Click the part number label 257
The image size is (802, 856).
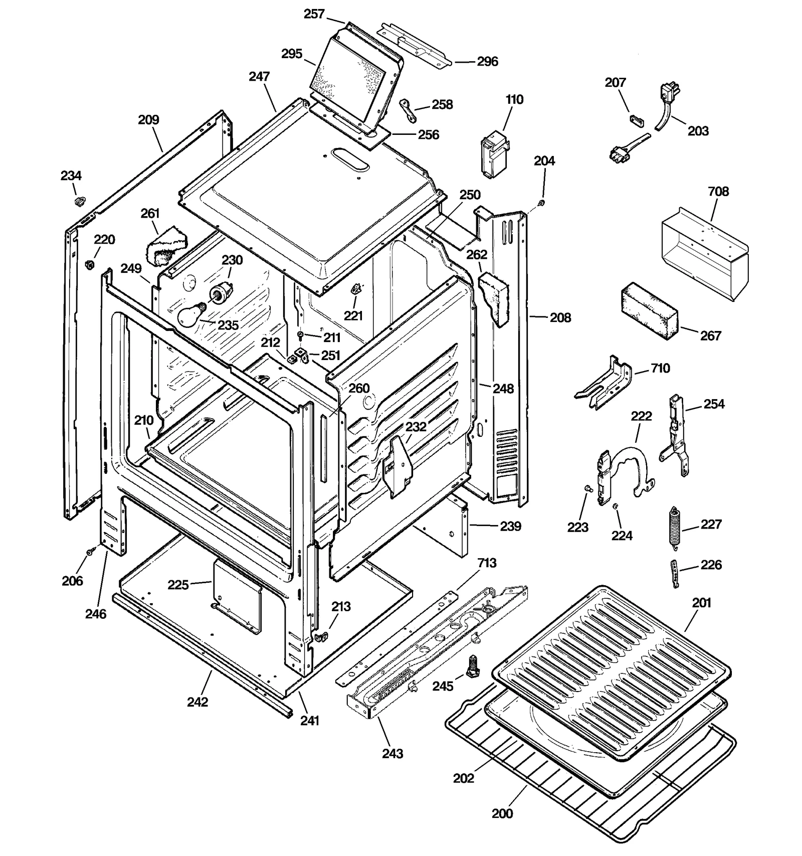point(314,14)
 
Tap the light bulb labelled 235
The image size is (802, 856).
point(190,314)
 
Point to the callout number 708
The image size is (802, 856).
point(718,192)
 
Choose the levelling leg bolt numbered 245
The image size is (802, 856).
point(471,666)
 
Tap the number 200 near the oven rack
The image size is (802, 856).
point(502,813)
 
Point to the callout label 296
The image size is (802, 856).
point(487,61)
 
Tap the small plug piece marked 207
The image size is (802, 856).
point(636,119)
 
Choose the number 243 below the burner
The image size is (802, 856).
point(392,753)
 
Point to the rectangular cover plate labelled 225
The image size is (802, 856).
point(238,595)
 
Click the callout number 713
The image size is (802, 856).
point(486,563)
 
